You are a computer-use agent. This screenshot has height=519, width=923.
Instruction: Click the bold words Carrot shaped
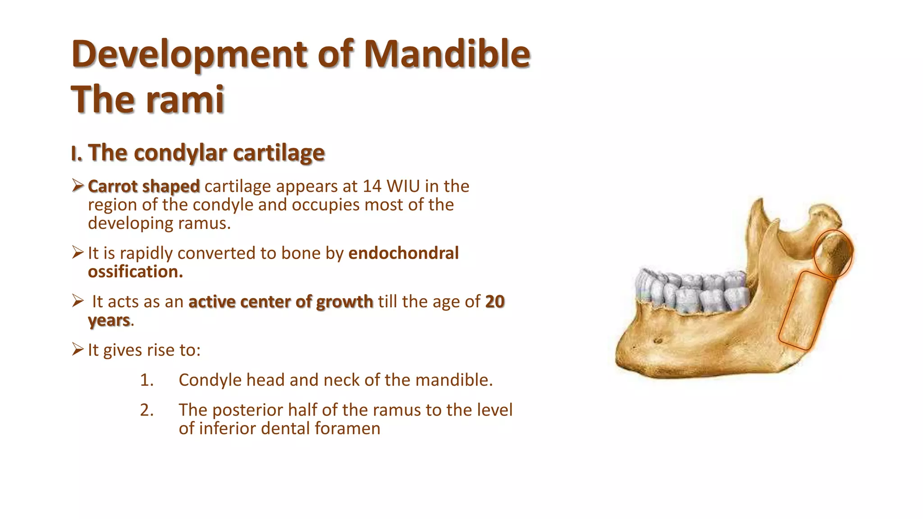pos(144,186)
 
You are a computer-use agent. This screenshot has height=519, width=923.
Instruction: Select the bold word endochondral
pos(403,253)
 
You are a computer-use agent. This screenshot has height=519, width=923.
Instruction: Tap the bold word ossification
pos(135,272)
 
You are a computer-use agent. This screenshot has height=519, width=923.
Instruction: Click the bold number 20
pos(494,301)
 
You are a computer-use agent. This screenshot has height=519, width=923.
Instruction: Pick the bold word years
pos(109,320)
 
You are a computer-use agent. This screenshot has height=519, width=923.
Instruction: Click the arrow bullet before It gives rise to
pos(78,349)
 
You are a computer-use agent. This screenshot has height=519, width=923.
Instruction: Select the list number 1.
pos(146,380)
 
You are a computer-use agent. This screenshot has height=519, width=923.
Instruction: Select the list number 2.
pos(146,410)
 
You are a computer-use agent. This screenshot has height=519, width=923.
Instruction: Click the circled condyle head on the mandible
pos(833,253)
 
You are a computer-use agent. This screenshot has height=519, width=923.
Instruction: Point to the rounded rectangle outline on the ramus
pos(805,311)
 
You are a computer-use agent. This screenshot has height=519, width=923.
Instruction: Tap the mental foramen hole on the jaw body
pos(658,341)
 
